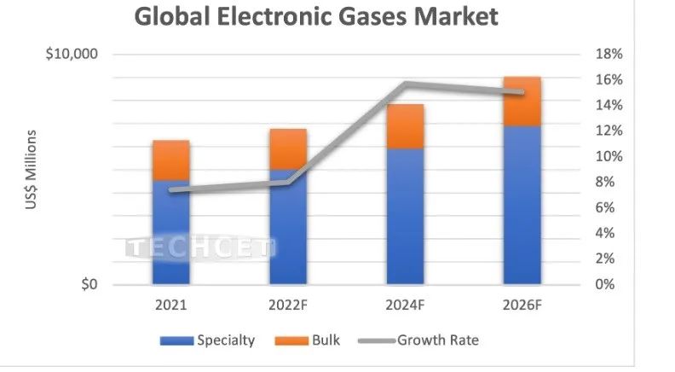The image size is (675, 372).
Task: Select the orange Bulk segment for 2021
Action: click(170, 160)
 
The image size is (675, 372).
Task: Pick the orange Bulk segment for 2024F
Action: click(405, 126)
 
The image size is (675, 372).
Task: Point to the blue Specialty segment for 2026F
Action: click(522, 205)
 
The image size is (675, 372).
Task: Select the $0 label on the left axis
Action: click(89, 285)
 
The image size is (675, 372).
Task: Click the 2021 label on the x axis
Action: click(170, 305)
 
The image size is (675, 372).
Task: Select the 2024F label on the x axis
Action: click(405, 305)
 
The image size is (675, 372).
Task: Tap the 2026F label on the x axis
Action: click(522, 305)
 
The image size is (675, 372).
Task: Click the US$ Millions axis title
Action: click(31, 171)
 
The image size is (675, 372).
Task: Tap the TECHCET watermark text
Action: click(200, 248)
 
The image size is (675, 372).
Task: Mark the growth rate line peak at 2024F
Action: click(406, 84)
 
